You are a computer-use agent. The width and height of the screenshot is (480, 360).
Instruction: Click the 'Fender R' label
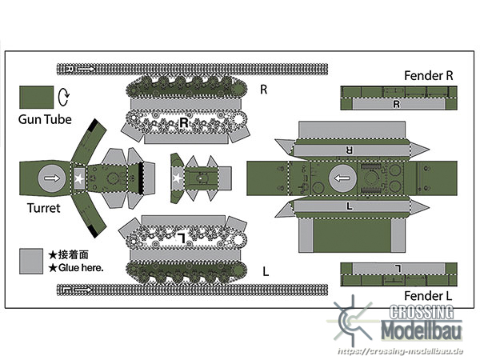pyautogui.click(x=428, y=76)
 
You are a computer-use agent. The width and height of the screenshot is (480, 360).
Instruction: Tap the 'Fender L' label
pyautogui.click(x=428, y=296)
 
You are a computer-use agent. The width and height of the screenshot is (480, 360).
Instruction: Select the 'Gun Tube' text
pyautogui.click(x=45, y=119)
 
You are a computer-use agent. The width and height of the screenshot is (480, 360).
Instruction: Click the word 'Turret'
pyautogui.click(x=43, y=208)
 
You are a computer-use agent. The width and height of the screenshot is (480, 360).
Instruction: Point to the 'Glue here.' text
pyautogui.click(x=81, y=268)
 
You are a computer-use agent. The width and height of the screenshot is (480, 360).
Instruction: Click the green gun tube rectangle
pyautogui.click(x=37, y=98)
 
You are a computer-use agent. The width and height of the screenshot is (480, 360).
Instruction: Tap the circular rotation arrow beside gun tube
pyautogui.click(x=64, y=97)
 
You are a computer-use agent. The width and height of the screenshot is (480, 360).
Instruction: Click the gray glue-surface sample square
pyautogui.click(x=31, y=261)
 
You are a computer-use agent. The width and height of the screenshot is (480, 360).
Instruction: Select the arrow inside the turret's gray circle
pyautogui.click(x=52, y=178)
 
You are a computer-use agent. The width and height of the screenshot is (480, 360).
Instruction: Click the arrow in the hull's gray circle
pyautogui.click(x=342, y=178)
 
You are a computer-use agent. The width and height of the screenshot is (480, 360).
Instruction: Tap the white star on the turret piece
pyautogui.click(x=79, y=178)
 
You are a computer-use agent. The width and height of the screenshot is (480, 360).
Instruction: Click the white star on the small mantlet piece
pyautogui.click(x=177, y=178)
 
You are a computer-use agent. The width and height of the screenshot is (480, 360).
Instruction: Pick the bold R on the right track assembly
pyautogui.click(x=184, y=123)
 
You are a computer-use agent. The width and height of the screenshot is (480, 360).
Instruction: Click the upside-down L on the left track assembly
pyautogui.click(x=182, y=238)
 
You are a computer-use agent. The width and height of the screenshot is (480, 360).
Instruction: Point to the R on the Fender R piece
pyautogui.click(x=397, y=104)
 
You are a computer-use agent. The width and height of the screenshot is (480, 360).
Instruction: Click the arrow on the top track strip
pyautogui.click(x=86, y=69)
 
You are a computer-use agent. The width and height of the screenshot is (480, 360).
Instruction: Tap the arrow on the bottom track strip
pyautogui.click(x=83, y=290)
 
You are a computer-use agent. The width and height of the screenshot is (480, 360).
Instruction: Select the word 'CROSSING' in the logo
pyautogui.click(x=422, y=313)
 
